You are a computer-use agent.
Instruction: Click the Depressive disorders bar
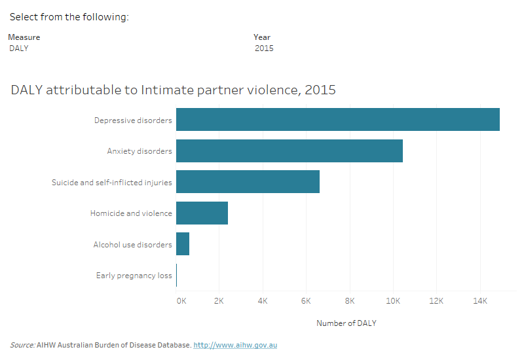coord(337,120)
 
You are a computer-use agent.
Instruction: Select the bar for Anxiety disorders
coord(289,151)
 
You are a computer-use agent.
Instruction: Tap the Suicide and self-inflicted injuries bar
coord(248,182)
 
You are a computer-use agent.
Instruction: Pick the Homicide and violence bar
coord(202,213)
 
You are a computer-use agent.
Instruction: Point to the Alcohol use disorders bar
coord(183,244)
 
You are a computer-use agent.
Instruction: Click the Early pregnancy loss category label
coord(134,276)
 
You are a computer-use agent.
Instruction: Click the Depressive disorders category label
coord(133,120)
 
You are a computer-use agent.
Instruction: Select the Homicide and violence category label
coord(131,213)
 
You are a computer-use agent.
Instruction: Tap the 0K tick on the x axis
coord(181,301)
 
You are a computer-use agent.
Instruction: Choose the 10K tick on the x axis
coord(393,301)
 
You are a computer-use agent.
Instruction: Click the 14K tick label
coord(480,301)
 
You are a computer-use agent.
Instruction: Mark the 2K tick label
coord(219,301)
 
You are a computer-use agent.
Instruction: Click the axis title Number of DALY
coord(346,323)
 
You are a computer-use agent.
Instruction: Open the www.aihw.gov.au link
coord(235,345)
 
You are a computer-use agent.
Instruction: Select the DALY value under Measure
coord(19,48)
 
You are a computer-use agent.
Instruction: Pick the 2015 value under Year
coord(264,48)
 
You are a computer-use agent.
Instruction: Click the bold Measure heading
coord(24,37)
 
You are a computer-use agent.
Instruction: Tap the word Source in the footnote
coord(22,345)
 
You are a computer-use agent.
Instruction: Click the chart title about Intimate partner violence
coord(173,90)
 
